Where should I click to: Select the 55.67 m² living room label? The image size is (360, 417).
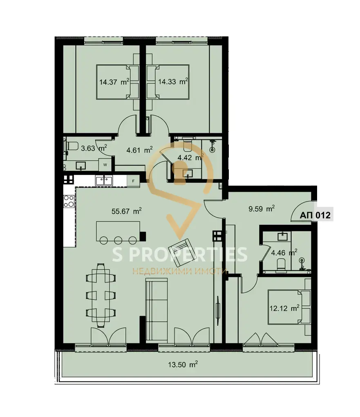tap(127, 211)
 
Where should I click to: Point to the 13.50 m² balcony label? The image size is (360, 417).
tap(183, 364)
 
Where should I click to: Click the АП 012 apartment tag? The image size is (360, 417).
tap(315, 215)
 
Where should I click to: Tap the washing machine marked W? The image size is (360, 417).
tap(105, 165)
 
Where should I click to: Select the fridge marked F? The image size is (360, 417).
tap(134, 181)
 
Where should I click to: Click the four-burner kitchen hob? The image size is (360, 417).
tap(69, 201)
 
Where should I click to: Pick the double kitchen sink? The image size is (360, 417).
tap(104, 181)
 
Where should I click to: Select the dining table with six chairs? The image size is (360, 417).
tap(101, 296)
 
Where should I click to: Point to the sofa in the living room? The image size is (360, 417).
tap(157, 309)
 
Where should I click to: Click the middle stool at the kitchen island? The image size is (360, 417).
tap(118, 240)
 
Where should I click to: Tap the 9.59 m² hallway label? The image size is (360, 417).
tap(262, 208)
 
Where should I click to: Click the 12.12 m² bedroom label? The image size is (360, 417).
tap(284, 308)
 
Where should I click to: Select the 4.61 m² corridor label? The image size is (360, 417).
tap(140, 150)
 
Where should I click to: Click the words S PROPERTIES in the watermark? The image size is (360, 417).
tap(180, 254)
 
